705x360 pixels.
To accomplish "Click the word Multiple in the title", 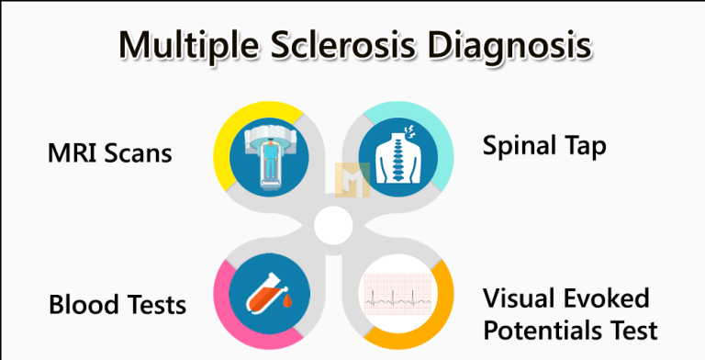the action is click(182, 45).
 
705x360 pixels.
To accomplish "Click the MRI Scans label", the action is click(109, 152).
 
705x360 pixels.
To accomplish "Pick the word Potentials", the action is click(541, 329).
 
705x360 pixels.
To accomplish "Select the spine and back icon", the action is click(397, 152).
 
